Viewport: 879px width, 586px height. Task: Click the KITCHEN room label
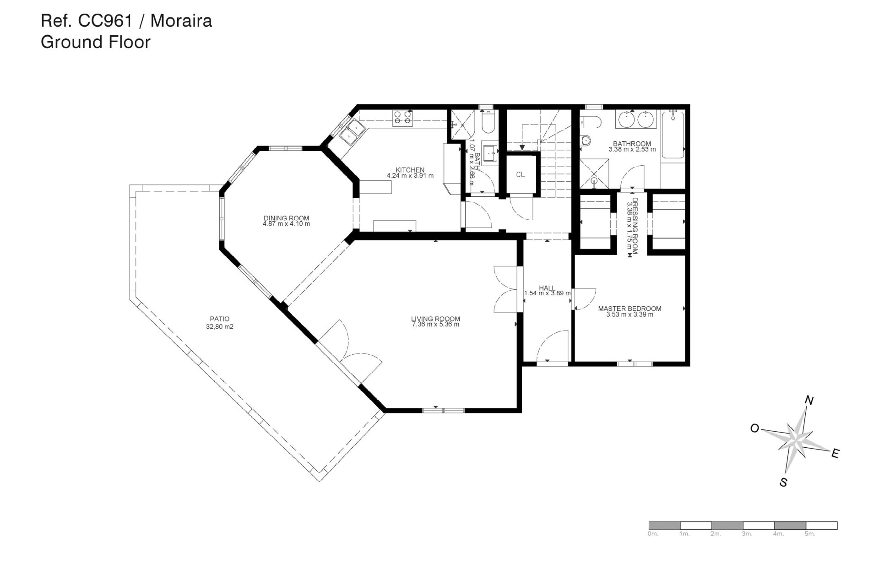point(410,170)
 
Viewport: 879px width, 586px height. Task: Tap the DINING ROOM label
point(286,218)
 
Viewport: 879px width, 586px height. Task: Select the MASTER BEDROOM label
point(629,309)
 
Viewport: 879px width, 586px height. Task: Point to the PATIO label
point(220,319)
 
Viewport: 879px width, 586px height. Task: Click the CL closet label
point(521,175)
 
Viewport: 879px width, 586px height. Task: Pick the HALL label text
point(547,288)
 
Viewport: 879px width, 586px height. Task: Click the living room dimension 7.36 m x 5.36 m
point(435,325)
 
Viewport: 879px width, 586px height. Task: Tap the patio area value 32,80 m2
point(220,327)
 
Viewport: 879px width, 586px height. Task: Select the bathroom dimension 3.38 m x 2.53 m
point(632,149)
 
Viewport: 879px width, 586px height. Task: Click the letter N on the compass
point(809,401)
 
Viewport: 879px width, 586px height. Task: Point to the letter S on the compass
point(783,482)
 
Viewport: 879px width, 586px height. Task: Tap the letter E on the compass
point(835,454)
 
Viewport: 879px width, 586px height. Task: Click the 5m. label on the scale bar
point(810,534)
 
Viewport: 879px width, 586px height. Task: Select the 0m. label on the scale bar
point(653,534)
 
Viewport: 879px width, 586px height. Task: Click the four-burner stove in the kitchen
point(402,118)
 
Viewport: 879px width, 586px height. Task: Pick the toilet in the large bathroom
point(589,122)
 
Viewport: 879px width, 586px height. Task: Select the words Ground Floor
point(96,42)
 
